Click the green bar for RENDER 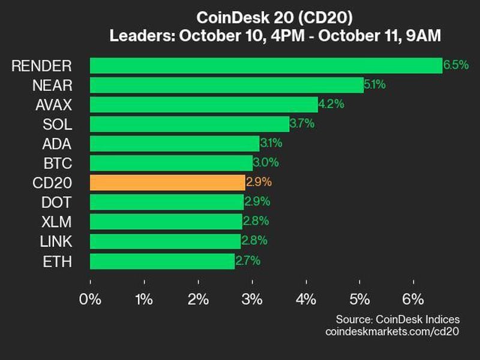click(x=266, y=65)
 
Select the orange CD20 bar click(x=167, y=182)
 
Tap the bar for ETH click(x=162, y=261)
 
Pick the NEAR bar click(x=227, y=85)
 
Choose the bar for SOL click(x=190, y=124)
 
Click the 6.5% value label click(x=456, y=65)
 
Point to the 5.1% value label click(x=374, y=85)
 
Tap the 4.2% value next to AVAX click(x=331, y=104)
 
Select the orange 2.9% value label click(x=258, y=182)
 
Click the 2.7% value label click(x=247, y=261)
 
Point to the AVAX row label click(x=55, y=105)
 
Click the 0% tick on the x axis click(x=91, y=299)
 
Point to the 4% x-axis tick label click(x=307, y=299)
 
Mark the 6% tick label click(x=414, y=299)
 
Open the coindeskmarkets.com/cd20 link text click(x=392, y=331)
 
